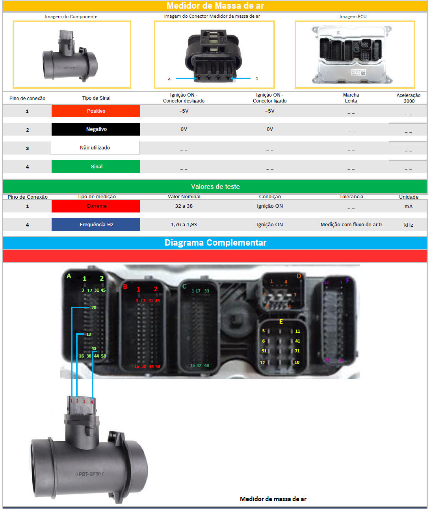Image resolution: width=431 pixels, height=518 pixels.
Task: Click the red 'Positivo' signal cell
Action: point(96,111)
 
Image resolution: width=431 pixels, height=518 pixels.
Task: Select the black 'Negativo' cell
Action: point(96,129)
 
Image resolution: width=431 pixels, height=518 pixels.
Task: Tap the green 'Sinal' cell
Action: point(96,166)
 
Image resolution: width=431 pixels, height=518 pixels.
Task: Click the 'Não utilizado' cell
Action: point(95,148)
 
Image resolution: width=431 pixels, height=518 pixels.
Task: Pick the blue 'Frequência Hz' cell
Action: point(96,224)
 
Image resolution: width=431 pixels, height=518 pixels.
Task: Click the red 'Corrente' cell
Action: point(96,206)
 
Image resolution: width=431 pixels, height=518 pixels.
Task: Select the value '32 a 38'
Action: point(184,206)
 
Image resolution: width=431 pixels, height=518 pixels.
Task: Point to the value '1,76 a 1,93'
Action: point(184,225)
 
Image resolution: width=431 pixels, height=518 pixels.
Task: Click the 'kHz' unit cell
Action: point(409,225)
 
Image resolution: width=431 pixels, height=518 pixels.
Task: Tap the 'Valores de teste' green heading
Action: point(215,186)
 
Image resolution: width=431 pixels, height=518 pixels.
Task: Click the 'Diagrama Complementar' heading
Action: point(215,243)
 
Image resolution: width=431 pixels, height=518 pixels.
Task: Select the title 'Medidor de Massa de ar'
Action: point(215,6)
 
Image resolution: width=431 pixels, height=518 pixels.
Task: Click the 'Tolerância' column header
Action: point(351,197)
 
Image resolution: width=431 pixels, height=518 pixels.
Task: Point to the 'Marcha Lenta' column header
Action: point(351,98)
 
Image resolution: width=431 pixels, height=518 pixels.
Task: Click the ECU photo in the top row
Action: point(355,54)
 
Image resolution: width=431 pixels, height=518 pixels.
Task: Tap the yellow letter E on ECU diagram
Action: point(281,322)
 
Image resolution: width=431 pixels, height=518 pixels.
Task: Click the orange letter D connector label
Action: point(299,276)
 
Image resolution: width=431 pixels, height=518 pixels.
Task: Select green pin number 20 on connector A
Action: point(94,307)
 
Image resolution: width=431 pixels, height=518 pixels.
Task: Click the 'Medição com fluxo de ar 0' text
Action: point(351,225)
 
